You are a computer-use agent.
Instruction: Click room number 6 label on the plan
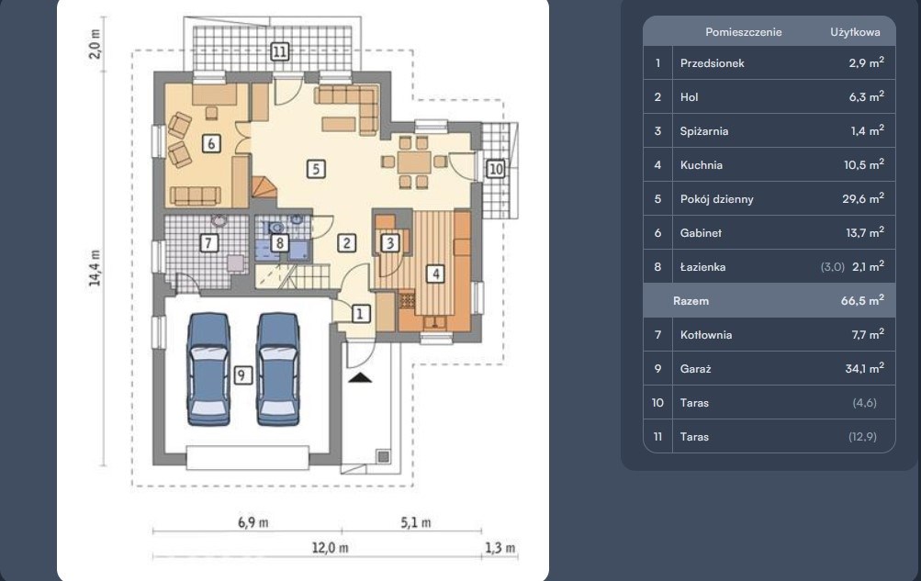tap(211, 143)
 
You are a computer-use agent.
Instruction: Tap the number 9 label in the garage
tap(242, 375)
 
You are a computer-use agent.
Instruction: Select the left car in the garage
tap(208, 369)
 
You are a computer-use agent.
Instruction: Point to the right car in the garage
tap(278, 369)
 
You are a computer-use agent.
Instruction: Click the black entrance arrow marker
tap(360, 378)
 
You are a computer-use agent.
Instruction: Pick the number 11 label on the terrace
tap(279, 51)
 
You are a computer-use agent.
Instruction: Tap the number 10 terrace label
tap(496, 169)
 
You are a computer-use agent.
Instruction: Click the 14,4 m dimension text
tap(95, 268)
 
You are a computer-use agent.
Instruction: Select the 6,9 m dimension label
tap(253, 522)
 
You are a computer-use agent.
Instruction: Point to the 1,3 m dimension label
tap(500, 548)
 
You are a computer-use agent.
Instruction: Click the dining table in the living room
tap(414, 162)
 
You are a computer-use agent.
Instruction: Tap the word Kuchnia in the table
tap(702, 165)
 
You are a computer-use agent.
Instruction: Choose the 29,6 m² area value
tap(863, 198)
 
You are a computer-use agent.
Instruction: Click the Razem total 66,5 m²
tap(862, 300)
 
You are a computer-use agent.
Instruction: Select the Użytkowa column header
tap(855, 32)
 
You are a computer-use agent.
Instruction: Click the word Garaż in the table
tap(695, 369)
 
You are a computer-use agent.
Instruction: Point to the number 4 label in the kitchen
tap(435, 274)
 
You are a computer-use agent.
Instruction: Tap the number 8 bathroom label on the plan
tap(279, 242)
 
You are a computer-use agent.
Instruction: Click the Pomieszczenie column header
tap(744, 32)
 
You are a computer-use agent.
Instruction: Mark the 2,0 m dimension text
tap(95, 43)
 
